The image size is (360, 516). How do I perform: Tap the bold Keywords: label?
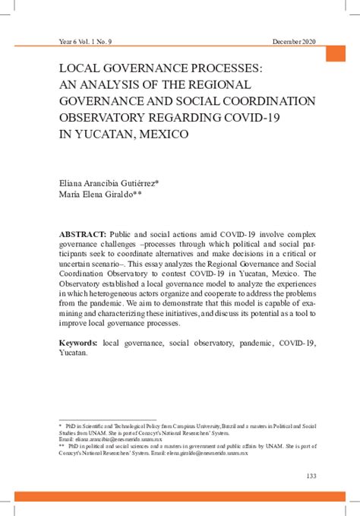click(x=79, y=343)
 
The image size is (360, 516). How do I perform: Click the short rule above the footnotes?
click(x=96, y=419)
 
